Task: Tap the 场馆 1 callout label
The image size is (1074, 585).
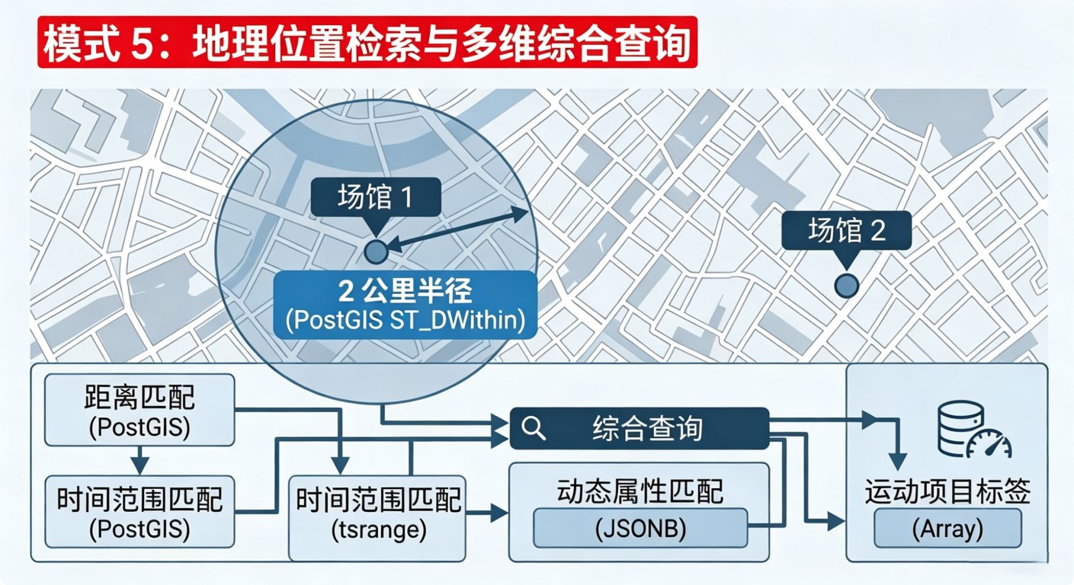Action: pos(376,197)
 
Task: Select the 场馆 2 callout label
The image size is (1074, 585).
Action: pos(847,231)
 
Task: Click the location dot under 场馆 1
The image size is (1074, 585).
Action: pos(376,252)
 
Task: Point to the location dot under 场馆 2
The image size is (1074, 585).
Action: pos(846,286)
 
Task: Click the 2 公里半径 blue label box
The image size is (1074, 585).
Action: pos(406,305)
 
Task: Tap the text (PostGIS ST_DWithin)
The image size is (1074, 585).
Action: pos(406,320)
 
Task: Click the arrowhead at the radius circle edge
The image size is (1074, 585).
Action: pos(520,213)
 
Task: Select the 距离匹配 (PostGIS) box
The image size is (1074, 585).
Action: pos(139,410)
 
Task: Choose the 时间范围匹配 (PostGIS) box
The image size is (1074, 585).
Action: pos(139,512)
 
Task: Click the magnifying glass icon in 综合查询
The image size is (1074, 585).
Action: pos(533,428)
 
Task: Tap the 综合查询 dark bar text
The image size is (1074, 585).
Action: pos(647,428)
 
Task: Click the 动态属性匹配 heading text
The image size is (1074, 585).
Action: pos(640,491)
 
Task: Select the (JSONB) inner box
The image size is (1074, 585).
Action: pos(640,529)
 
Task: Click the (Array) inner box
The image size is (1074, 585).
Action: pos(947,529)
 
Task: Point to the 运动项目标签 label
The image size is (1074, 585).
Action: pos(947,491)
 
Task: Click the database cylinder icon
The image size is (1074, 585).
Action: pos(960,429)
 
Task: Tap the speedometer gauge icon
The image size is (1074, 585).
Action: pos(989,445)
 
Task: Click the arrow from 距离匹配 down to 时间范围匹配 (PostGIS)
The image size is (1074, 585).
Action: pos(139,460)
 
